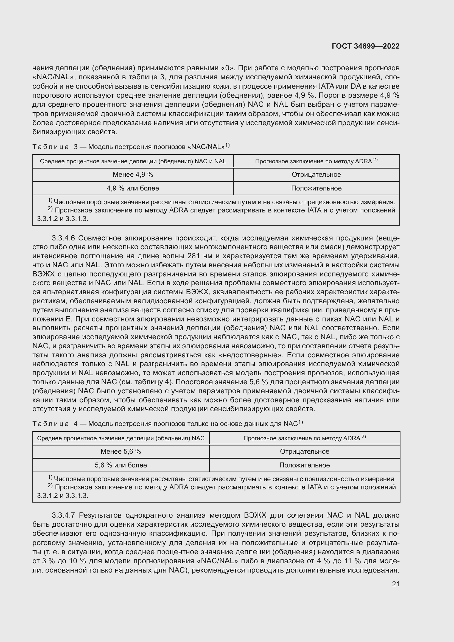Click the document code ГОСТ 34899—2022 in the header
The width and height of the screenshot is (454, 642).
tap(365, 46)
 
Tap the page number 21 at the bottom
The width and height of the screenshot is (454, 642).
tap(396, 584)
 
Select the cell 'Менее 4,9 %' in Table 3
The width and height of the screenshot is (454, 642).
tap(133, 175)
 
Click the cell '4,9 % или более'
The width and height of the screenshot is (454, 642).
tap(133, 188)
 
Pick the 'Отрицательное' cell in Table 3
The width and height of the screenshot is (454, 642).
tap(316, 175)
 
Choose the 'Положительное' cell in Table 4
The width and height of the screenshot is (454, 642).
tap(304, 465)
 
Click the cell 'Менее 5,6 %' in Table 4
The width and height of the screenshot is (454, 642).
tap(121, 451)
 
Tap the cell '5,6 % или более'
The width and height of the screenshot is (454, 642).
tap(121, 465)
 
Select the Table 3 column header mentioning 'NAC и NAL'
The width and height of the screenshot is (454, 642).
tap(133, 161)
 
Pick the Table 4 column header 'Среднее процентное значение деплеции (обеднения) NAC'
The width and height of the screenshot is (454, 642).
tap(121, 438)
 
